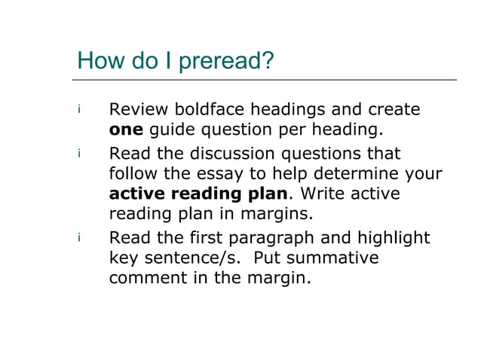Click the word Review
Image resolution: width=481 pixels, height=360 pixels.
pos(140,110)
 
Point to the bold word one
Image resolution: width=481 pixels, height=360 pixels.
pos(126,130)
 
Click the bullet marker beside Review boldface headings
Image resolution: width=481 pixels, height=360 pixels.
pos(78,110)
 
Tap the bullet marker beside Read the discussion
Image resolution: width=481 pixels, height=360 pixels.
pos(78,154)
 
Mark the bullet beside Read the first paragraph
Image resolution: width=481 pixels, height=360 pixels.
pos(78,238)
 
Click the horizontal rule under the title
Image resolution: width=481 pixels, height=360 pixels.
pos(264,79)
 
